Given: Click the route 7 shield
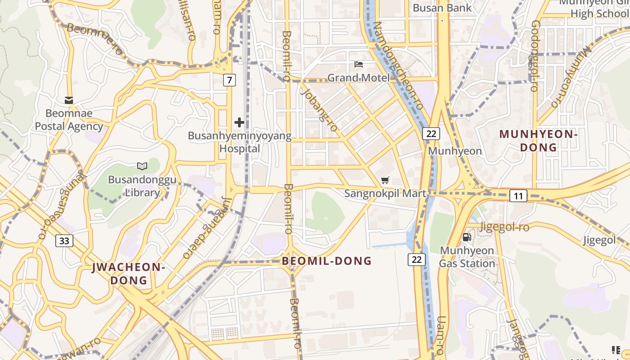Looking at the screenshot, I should [x=229, y=80].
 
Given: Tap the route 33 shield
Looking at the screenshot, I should [x=64, y=241].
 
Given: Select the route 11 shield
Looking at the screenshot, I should [x=518, y=196].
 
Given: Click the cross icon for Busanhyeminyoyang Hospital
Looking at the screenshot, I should [x=239, y=122].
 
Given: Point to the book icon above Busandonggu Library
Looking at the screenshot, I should [x=142, y=166].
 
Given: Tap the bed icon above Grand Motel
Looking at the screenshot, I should [x=359, y=64].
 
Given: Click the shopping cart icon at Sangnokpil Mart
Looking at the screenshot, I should [x=385, y=180].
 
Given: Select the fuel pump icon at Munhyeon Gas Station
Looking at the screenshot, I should [x=467, y=237].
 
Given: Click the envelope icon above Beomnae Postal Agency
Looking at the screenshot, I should [x=69, y=100].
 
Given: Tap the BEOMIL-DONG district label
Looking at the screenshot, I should [x=327, y=261].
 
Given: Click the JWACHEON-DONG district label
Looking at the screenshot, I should [x=129, y=274].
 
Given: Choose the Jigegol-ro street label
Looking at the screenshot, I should [x=504, y=227].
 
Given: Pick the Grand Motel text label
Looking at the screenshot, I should [x=358, y=78].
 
